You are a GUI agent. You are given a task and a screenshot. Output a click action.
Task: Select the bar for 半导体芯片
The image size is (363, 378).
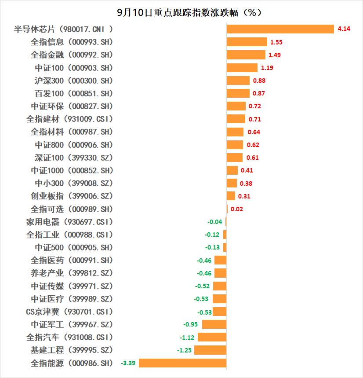(280, 29)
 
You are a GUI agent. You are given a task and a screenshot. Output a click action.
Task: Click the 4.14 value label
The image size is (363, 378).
(344, 29)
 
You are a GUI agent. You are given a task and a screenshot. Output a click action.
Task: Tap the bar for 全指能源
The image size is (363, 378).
(182, 363)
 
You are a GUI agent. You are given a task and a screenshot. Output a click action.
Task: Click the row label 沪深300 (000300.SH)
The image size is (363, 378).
(74, 81)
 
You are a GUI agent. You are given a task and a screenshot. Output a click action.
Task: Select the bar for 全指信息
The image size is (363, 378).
(247, 42)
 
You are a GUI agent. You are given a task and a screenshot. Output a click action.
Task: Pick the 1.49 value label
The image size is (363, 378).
(275, 55)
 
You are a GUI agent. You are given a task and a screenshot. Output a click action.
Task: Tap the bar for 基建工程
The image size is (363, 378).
(210, 350)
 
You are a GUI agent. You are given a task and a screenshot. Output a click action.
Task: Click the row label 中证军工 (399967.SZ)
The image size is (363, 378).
(72, 324)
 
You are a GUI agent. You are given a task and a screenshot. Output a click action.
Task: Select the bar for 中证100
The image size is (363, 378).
(242, 68)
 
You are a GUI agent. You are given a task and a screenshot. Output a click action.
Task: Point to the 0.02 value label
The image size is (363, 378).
(237, 209)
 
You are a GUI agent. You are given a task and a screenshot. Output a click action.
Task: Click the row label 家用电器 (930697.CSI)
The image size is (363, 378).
(69, 222)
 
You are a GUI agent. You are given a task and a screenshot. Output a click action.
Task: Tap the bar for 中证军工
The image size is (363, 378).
(214, 325)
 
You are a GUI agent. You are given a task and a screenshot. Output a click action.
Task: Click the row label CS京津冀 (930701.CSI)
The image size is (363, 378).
(69, 312)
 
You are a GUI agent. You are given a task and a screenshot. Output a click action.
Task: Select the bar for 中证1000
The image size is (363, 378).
(232, 170)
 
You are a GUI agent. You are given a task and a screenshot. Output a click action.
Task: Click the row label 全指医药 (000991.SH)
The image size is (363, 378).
(72, 260)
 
